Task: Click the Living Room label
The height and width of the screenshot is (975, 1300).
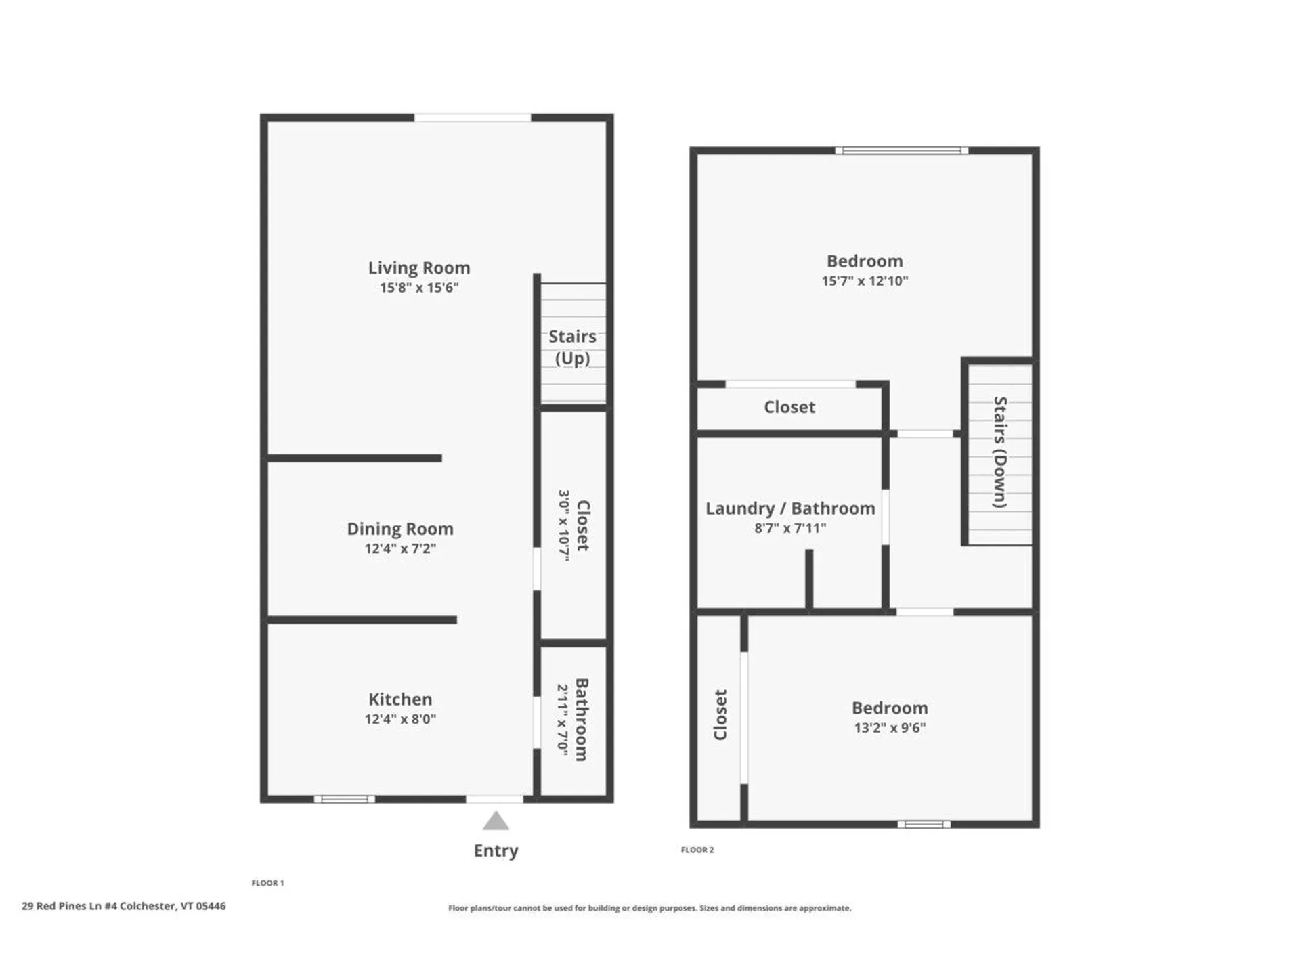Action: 418,268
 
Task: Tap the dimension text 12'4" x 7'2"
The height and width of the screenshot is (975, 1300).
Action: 400,548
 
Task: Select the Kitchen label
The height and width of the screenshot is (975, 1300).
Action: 400,699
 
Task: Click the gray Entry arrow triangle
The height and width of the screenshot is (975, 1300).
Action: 496,822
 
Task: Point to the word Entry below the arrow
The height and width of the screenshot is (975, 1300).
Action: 496,850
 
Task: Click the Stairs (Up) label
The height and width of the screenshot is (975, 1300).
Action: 572,347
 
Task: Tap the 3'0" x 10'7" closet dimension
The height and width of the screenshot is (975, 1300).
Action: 564,525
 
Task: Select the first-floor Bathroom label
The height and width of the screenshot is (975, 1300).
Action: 582,720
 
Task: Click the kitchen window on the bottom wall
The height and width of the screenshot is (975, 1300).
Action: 344,799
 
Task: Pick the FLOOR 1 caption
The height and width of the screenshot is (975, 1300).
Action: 267,883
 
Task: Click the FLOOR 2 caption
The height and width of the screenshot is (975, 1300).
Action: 697,850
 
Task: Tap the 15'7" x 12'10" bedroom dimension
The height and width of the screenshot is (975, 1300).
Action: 865,281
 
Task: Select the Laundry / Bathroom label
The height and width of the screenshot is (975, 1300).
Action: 790,508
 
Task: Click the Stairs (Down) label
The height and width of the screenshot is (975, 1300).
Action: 1000,452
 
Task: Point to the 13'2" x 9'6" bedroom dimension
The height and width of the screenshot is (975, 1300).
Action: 890,728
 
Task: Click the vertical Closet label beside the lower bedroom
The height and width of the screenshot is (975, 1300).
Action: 720,715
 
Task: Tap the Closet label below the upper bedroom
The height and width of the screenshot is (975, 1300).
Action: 789,407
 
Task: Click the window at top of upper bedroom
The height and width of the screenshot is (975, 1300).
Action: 901,150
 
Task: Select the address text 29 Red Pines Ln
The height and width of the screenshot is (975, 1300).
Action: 123,906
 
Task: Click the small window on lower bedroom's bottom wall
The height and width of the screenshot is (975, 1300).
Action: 924,824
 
